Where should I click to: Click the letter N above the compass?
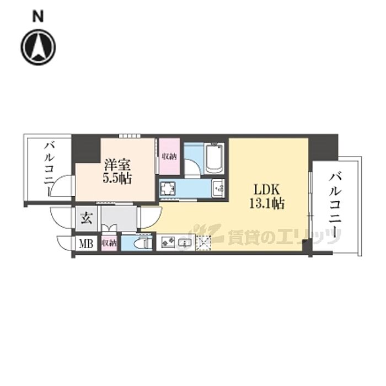tap(38, 17)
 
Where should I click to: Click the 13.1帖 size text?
tap(266, 203)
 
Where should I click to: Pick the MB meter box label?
tap(86, 243)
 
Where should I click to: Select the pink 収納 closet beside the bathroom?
tap(169, 156)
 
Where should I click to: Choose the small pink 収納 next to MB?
tap(109, 243)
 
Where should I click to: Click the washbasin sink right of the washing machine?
tap(218, 189)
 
